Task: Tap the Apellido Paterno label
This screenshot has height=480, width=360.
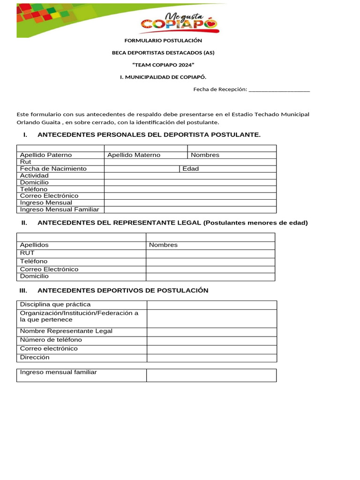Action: click(x=46, y=155)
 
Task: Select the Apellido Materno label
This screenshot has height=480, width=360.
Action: click(x=134, y=155)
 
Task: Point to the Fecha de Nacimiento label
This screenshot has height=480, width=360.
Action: click(x=53, y=169)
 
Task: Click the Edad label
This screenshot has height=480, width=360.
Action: click(x=190, y=169)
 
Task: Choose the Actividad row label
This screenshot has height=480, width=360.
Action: click(x=34, y=175)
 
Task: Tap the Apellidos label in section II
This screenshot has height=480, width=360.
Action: click(x=34, y=245)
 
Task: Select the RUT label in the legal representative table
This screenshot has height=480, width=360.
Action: click(x=27, y=253)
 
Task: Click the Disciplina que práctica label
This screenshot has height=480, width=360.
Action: click(x=55, y=305)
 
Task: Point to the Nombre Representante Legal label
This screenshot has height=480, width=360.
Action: click(x=66, y=331)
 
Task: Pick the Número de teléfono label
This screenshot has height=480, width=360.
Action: click(x=51, y=340)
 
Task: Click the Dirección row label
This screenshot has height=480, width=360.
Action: click(x=35, y=357)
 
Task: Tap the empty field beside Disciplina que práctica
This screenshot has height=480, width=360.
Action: click(x=212, y=305)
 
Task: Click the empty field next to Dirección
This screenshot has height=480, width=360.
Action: click(x=212, y=358)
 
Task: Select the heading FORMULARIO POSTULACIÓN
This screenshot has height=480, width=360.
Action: click(x=163, y=41)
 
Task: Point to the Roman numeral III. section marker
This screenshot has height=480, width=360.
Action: click(x=24, y=291)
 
